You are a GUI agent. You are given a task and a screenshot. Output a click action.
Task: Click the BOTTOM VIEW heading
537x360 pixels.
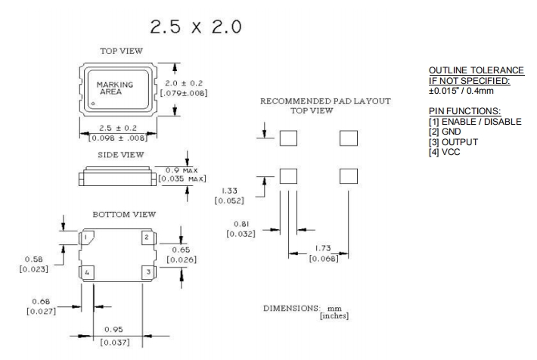click(x=124, y=215)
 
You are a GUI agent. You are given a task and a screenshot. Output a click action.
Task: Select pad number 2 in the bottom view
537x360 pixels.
click(x=147, y=238)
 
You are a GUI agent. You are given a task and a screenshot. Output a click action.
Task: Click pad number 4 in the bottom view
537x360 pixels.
click(x=88, y=272)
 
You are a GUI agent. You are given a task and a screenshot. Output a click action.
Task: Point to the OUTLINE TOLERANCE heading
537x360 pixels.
click(x=470, y=70)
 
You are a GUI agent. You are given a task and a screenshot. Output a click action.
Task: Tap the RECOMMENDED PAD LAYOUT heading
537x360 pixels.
click(x=325, y=101)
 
